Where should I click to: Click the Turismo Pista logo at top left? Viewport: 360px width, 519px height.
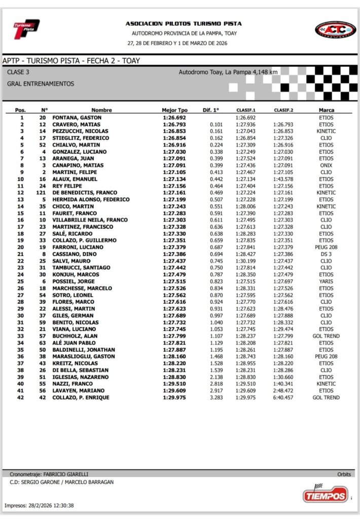(26, 29)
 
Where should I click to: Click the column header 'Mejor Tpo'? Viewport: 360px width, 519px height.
(174, 110)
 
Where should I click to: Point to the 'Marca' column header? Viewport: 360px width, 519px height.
(326, 110)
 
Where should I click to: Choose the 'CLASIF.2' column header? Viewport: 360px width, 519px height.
(283, 110)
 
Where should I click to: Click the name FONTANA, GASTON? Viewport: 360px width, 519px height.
(77, 118)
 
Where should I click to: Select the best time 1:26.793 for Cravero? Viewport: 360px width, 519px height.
(174, 124)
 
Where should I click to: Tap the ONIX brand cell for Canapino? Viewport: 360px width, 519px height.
(326, 165)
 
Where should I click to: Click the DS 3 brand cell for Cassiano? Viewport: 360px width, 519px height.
(326, 254)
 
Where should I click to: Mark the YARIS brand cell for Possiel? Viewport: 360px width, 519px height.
(326, 281)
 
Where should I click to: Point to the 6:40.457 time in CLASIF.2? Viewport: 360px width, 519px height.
(283, 398)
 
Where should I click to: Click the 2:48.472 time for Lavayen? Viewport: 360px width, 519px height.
(283, 391)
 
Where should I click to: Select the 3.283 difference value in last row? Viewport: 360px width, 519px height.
(216, 398)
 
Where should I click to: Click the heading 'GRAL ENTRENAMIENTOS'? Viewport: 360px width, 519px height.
(41, 84)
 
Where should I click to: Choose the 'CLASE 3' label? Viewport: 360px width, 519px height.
(18, 72)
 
